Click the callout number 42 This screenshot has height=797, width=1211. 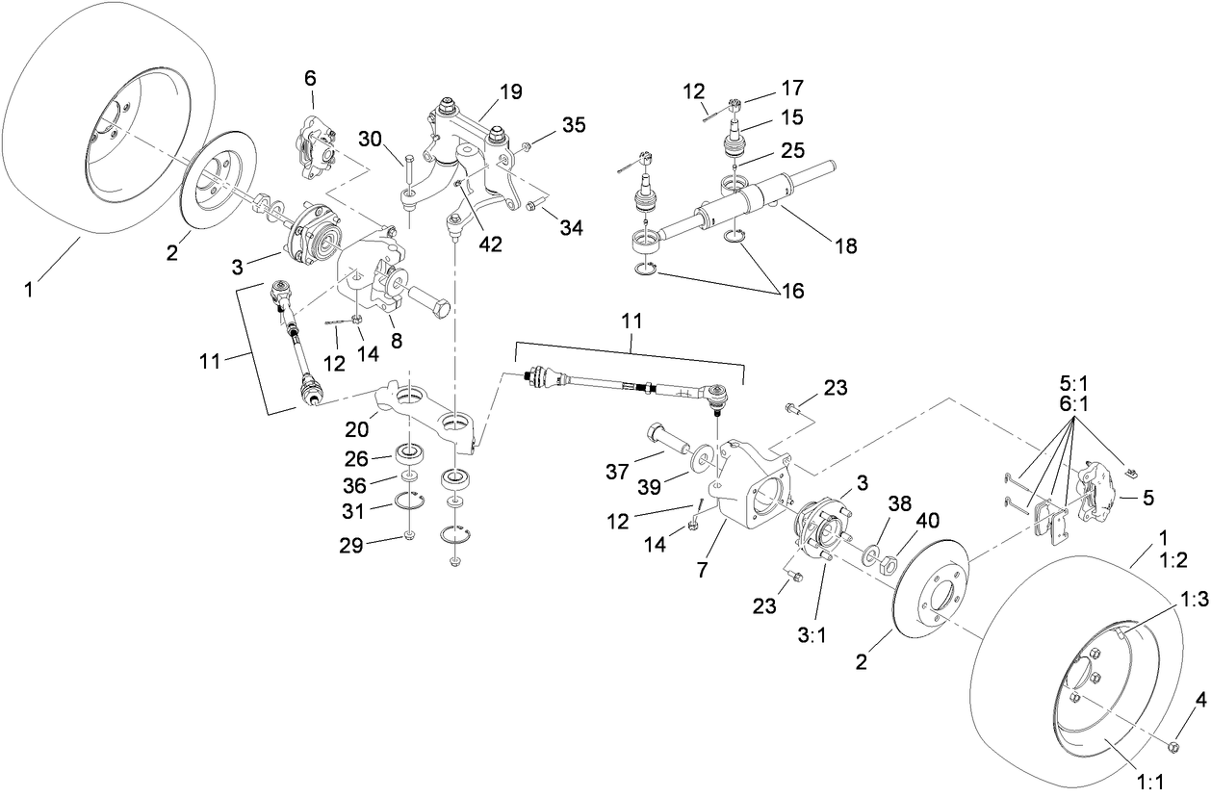pyautogui.click(x=490, y=245)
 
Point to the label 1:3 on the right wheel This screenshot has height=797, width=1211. pyautogui.click(x=1193, y=600)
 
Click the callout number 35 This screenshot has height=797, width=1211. pyautogui.click(x=574, y=125)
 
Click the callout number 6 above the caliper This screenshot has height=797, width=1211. pyautogui.click(x=310, y=78)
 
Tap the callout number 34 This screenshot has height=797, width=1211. pyautogui.click(x=572, y=227)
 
